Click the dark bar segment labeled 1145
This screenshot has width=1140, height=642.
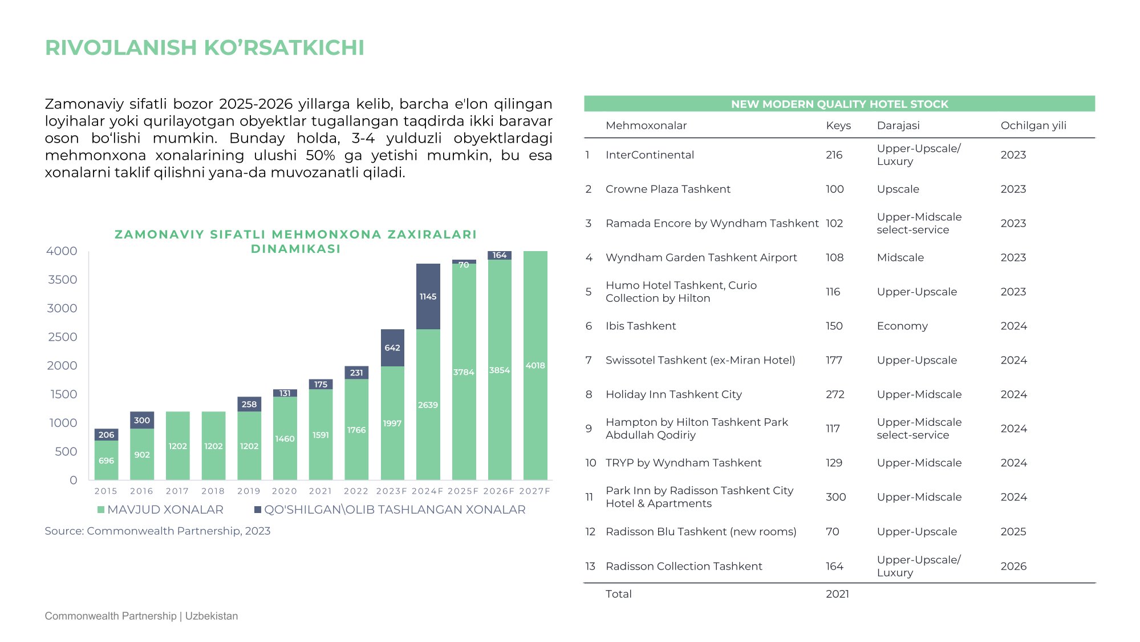tap(428, 296)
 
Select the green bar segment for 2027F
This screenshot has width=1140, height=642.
tap(535, 365)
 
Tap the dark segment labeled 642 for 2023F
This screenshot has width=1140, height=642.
tap(392, 348)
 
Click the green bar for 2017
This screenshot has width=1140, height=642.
tap(177, 446)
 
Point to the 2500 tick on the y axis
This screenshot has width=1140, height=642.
tap(62, 337)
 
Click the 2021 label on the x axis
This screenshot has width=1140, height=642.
tap(320, 491)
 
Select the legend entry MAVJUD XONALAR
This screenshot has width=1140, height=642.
tap(160, 510)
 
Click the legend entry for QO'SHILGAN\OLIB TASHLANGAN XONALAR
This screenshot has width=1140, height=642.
tap(390, 510)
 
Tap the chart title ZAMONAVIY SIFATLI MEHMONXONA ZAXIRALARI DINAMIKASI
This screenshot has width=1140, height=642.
tap(296, 241)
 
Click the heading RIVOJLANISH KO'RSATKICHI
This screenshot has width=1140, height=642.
tap(205, 47)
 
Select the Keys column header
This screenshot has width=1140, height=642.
tap(838, 126)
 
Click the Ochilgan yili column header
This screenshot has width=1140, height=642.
tap(1033, 126)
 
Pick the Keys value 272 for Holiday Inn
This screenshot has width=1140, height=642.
tap(835, 394)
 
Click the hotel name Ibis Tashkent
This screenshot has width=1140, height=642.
tap(640, 326)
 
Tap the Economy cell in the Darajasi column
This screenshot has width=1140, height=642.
tap(902, 326)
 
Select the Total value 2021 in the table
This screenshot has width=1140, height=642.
tap(837, 593)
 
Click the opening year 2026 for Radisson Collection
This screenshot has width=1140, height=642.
tap(1013, 566)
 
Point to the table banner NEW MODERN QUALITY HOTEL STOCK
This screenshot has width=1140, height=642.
tap(839, 104)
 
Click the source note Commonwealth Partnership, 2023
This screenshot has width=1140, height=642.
tap(157, 531)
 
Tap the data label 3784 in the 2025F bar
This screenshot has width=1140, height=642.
tap(464, 372)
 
